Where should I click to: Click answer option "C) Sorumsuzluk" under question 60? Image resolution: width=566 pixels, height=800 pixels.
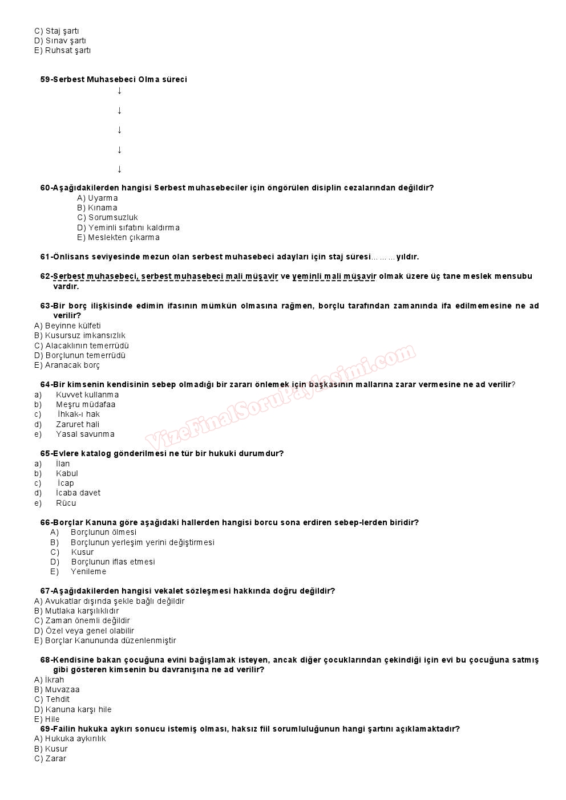(107, 217)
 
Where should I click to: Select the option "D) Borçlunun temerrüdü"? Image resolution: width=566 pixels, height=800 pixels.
(80, 355)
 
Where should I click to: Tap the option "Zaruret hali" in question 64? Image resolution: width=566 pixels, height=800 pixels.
(77, 424)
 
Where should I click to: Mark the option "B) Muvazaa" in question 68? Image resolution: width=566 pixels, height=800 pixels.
(57, 689)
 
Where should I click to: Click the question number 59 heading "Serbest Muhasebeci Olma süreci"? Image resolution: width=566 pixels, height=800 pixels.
(114, 79)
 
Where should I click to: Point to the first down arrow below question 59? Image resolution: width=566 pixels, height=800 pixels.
(119, 91)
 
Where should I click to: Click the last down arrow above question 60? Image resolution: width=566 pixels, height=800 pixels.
(119, 169)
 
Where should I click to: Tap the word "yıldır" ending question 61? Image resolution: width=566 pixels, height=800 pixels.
(407, 257)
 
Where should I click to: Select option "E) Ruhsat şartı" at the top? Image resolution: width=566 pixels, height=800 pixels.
(62, 50)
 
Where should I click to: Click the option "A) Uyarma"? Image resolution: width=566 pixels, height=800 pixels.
(98, 198)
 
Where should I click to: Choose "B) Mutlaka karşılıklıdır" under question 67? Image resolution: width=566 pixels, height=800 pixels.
(76, 611)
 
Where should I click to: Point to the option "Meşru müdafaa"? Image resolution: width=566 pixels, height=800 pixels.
(85, 404)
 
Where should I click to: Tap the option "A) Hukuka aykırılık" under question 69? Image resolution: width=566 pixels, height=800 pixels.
(70, 738)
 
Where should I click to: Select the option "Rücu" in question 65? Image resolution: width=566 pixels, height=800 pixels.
(66, 503)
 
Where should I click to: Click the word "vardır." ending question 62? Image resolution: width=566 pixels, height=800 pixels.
(66, 286)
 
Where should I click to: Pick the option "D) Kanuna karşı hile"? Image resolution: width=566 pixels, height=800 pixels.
(73, 709)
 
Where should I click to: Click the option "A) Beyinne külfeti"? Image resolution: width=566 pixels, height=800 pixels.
(67, 326)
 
